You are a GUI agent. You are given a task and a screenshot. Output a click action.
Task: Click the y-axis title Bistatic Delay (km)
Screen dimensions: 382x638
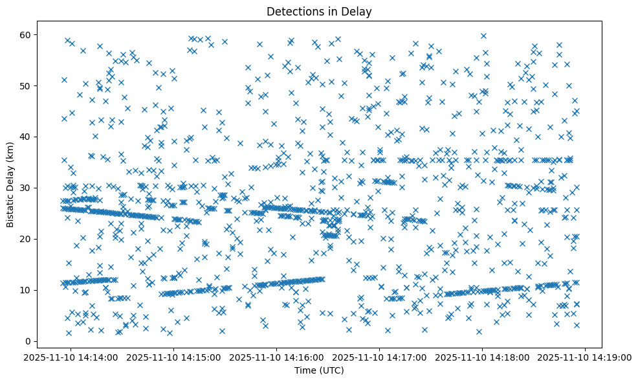(x=11, y=184)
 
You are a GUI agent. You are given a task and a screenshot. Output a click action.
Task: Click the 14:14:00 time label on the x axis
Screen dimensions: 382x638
(x=71, y=357)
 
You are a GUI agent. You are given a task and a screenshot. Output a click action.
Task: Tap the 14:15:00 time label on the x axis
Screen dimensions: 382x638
(x=174, y=357)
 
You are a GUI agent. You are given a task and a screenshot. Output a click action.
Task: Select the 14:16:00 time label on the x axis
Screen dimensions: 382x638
(x=277, y=357)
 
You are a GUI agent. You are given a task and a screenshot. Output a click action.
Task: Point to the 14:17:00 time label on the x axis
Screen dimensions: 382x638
(x=380, y=357)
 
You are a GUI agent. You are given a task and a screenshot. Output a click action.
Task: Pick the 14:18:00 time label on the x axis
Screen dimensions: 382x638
(x=483, y=357)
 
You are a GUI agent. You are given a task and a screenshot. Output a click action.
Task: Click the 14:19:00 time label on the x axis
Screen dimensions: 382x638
(x=586, y=357)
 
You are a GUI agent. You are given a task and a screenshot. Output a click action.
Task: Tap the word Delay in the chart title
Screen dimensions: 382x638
(x=359, y=11)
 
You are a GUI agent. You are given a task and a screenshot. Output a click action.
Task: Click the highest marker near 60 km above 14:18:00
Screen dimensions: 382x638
(x=483, y=36)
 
